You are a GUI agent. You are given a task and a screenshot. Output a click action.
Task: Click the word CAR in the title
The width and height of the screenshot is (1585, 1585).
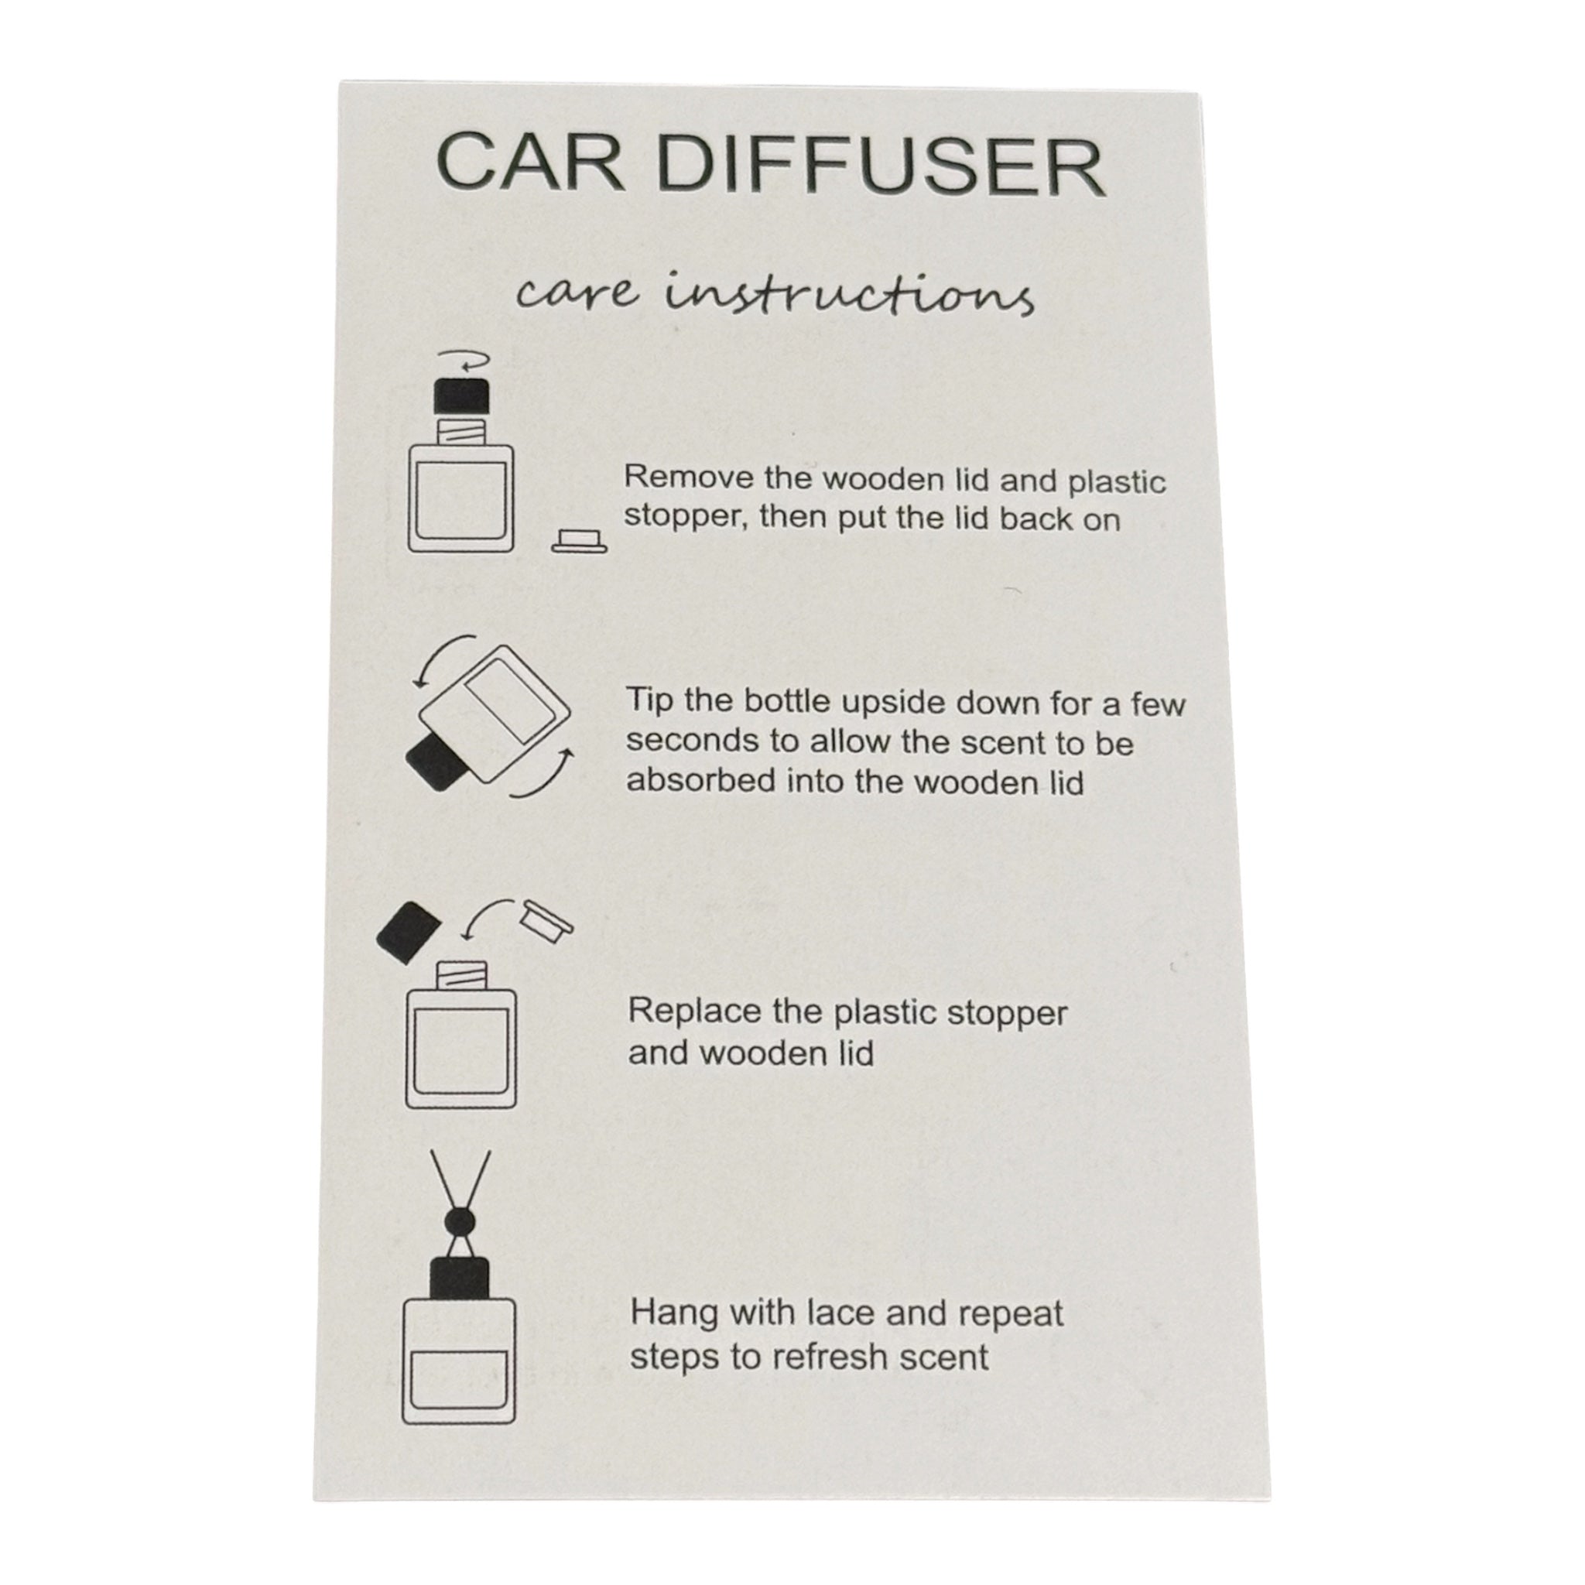point(531,163)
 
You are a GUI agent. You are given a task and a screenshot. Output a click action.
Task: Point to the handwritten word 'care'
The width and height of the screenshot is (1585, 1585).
point(576,293)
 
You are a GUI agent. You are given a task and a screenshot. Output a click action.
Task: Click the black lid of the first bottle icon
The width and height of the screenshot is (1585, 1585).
point(461,395)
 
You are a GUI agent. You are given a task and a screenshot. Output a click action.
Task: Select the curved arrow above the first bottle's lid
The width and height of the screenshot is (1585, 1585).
point(464,361)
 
